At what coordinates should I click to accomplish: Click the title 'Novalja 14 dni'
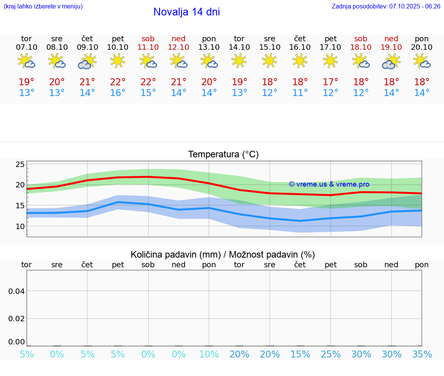click(x=187, y=12)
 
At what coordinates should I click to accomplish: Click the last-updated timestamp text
click(x=386, y=7)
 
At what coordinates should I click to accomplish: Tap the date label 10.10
click(x=118, y=47)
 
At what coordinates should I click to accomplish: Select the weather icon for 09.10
click(x=87, y=61)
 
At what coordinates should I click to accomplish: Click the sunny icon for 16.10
click(x=300, y=61)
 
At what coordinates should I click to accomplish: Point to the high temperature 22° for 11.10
click(x=148, y=82)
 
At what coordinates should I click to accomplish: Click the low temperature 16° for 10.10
click(x=118, y=93)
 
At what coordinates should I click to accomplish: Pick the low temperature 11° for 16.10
click(x=300, y=93)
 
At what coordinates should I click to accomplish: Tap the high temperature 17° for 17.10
click(x=330, y=82)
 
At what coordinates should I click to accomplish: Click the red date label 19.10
click(x=391, y=47)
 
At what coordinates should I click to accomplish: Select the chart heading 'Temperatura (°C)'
click(x=223, y=155)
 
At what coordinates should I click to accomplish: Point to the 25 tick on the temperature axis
click(x=20, y=165)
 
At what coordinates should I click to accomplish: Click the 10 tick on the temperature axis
click(x=20, y=226)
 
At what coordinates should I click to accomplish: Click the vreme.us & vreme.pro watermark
click(x=329, y=184)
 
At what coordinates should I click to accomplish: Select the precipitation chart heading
click(x=223, y=255)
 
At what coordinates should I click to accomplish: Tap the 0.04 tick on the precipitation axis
click(x=17, y=291)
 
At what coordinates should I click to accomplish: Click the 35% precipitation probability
click(x=422, y=354)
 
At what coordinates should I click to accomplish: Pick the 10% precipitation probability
click(x=209, y=354)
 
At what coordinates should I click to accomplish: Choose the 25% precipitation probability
click(x=330, y=354)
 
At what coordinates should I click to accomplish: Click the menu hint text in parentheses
click(x=43, y=7)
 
